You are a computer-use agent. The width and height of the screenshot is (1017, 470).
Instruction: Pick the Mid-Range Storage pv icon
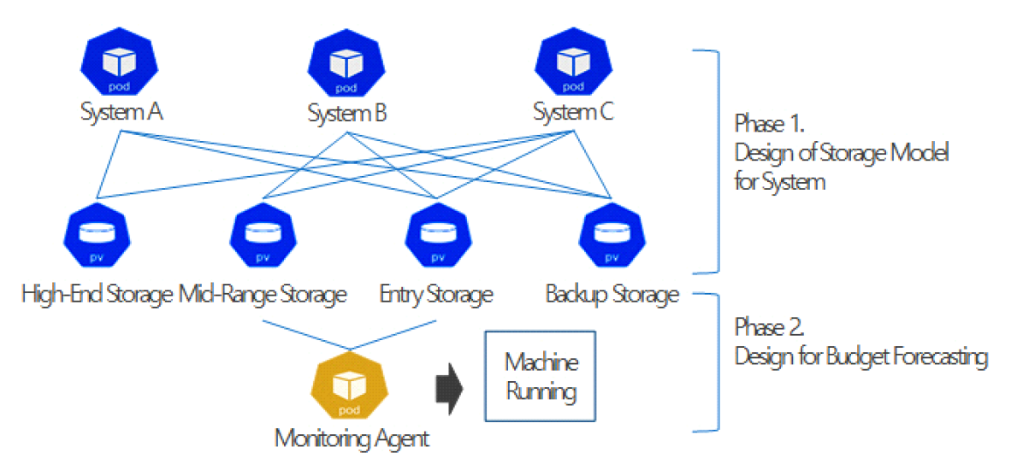263,234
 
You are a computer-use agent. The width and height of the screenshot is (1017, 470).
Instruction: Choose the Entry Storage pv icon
437,234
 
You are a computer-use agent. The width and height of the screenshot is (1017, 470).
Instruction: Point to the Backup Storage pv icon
612,234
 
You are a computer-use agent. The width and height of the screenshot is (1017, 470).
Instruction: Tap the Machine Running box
541,376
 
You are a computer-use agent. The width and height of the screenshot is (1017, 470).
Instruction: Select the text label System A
122,113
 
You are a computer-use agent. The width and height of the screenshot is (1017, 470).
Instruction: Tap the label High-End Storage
97,296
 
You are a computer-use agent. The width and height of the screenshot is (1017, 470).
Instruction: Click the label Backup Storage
612,296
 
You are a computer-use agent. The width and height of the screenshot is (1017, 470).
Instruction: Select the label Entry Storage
436,296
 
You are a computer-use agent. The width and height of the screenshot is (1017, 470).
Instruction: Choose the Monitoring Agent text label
352,439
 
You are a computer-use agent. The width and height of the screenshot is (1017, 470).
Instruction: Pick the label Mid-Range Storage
263,296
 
